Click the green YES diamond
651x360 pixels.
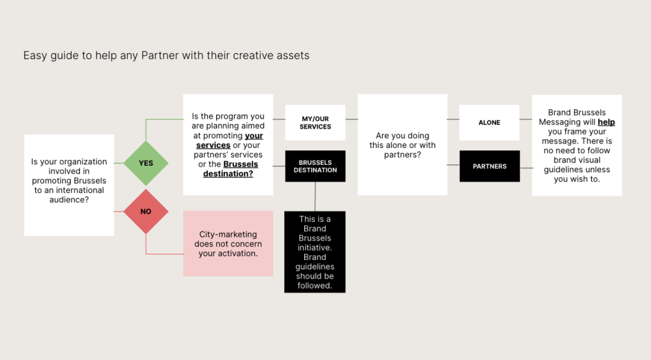pos(146,163)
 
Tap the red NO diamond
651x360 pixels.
pos(146,212)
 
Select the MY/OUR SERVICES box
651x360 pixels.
pos(315,123)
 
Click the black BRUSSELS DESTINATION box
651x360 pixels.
pos(315,166)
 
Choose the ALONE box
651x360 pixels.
pos(489,123)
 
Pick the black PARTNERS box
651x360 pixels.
pos(490,166)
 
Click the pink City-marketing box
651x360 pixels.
pos(228,244)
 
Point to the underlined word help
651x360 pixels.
pos(606,122)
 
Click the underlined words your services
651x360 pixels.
pos(229,140)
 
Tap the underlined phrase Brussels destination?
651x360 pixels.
pos(230,169)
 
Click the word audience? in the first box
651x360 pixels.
pos(69,200)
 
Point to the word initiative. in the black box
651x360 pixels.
pos(315,248)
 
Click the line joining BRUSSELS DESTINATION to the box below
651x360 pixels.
pos(315,197)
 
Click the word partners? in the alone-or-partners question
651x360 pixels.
pos(402,155)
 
